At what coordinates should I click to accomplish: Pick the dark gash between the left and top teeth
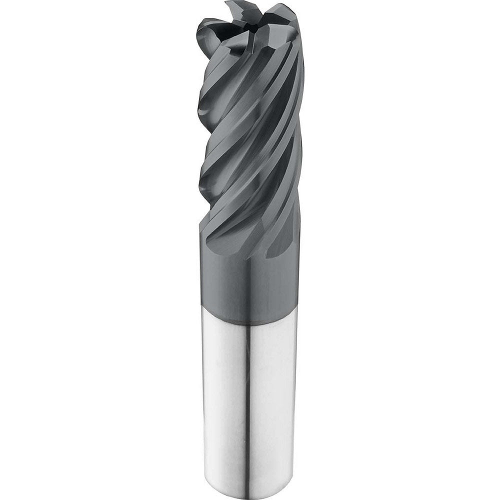(227, 22)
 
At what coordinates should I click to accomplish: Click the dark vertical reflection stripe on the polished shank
(247, 400)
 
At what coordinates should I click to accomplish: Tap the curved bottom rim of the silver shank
(250, 493)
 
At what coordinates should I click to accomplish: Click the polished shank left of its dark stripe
(222, 400)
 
